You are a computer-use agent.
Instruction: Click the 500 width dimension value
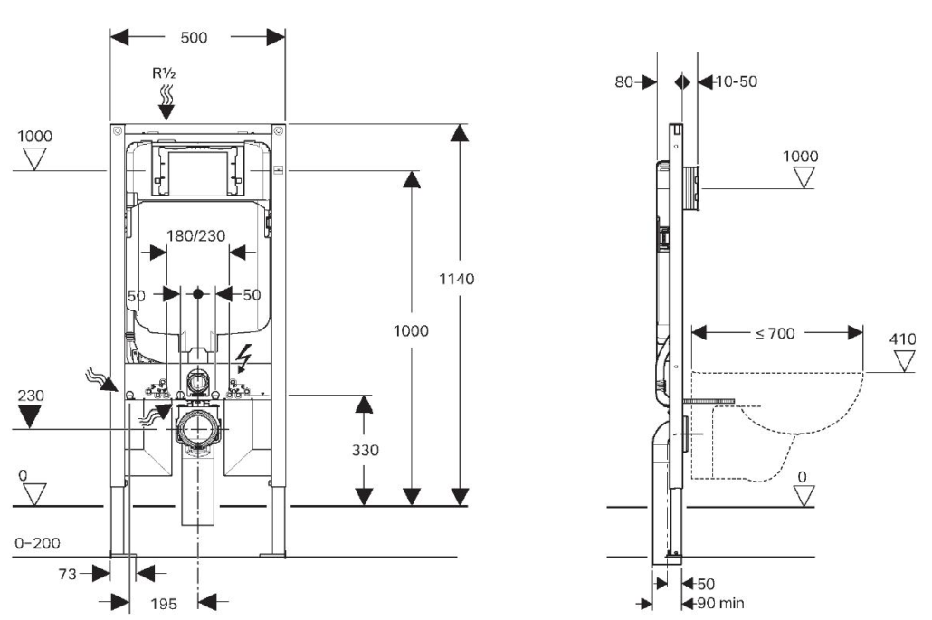(194, 37)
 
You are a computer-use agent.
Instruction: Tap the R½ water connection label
(164, 73)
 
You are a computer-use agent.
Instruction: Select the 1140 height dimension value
(456, 279)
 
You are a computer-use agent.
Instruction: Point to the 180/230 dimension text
(196, 236)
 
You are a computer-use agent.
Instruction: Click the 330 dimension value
(365, 450)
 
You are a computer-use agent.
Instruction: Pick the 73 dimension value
(68, 574)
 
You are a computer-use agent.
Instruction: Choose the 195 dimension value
(164, 604)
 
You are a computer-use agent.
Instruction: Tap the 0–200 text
(37, 543)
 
